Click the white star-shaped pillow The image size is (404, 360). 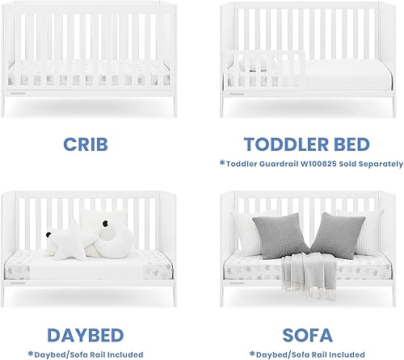(64, 241)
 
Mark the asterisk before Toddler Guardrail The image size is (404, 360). (221, 162)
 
